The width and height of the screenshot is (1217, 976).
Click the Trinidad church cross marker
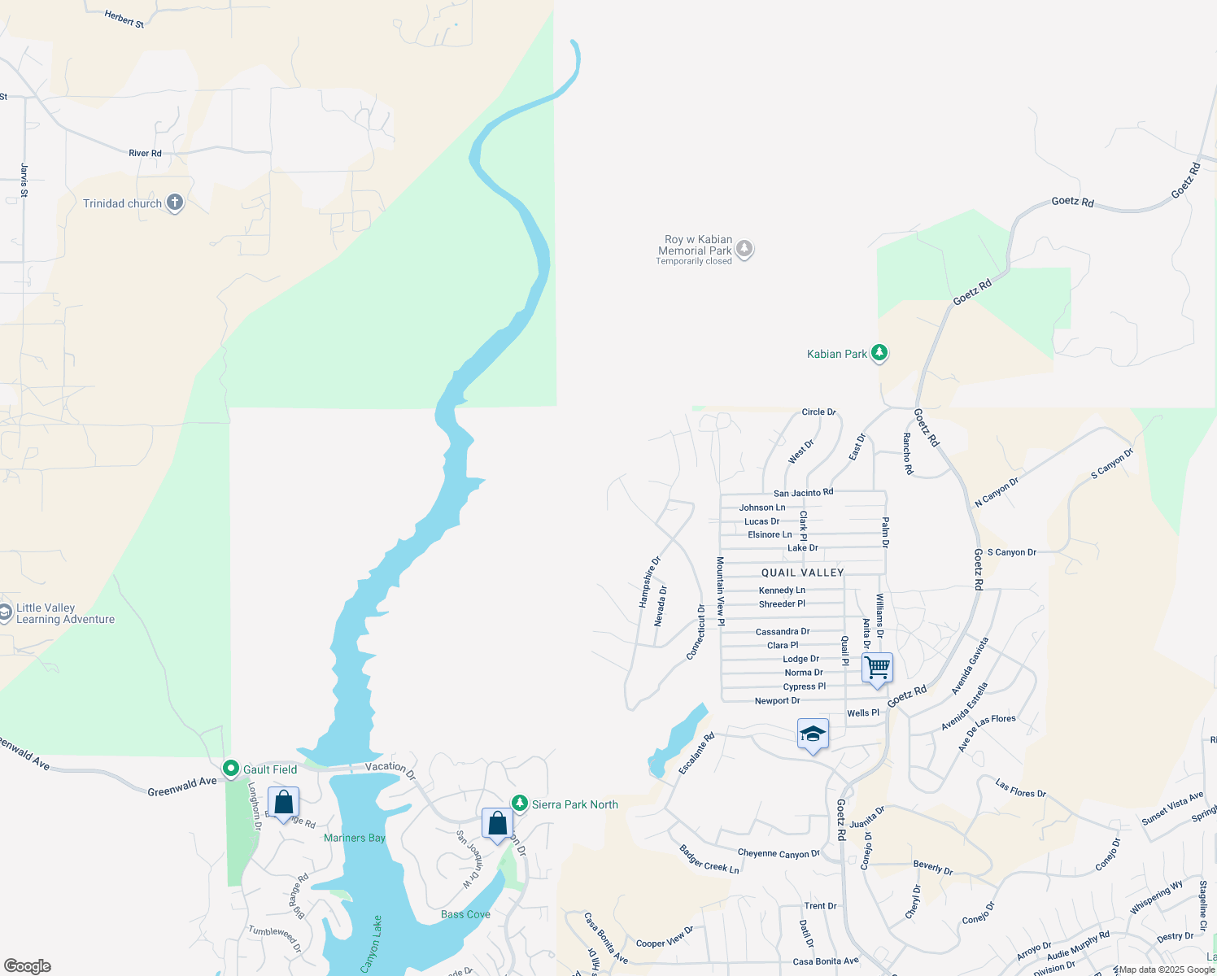pos(175,203)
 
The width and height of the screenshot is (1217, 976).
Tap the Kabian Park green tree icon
pos(879,353)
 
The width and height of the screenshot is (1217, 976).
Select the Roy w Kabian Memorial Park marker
pos(744,250)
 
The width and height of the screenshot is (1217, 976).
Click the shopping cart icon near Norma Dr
pos(877,668)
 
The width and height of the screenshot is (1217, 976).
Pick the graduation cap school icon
pos(813,734)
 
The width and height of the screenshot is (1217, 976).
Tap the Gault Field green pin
pos(231,769)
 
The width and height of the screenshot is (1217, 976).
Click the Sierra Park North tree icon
pos(519,804)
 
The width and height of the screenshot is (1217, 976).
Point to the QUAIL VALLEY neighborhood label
pos(802,573)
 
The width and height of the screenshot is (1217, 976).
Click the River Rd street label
pos(145,153)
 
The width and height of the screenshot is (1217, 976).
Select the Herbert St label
pos(124,19)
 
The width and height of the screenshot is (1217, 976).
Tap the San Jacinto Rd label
pos(803,493)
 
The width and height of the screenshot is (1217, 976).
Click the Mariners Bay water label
pos(355,838)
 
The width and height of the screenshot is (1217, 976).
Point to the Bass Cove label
pos(465,914)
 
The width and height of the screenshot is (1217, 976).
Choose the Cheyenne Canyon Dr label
pos(779,853)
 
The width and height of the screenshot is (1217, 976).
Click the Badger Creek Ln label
pos(709,860)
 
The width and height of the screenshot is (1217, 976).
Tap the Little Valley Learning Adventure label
pos(65,613)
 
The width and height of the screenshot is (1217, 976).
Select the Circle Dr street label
pos(818,412)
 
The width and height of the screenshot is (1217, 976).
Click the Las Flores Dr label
pos(1020,787)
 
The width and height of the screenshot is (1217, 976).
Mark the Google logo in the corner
pos(28,966)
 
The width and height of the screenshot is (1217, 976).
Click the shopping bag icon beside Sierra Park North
pos(497,824)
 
